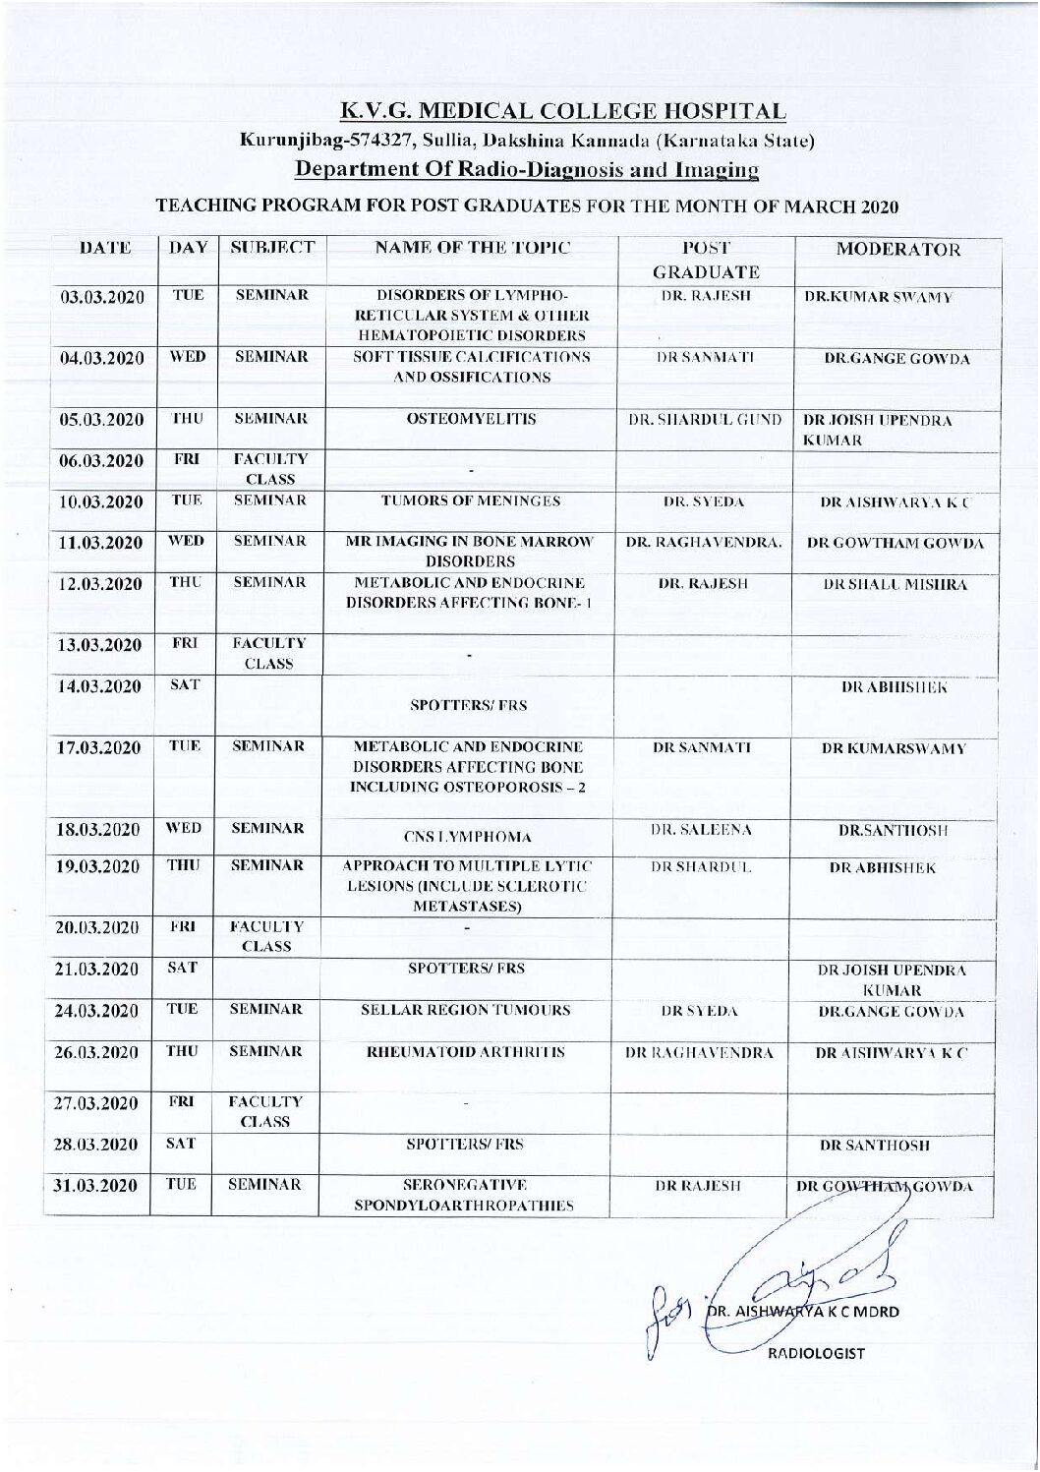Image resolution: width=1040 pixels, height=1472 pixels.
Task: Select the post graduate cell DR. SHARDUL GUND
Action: click(705, 420)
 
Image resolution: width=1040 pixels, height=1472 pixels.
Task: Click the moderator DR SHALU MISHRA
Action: click(895, 584)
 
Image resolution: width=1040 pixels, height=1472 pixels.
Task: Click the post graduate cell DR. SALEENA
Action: click(705, 831)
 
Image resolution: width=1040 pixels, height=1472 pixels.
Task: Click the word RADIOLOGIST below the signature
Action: click(817, 1353)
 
